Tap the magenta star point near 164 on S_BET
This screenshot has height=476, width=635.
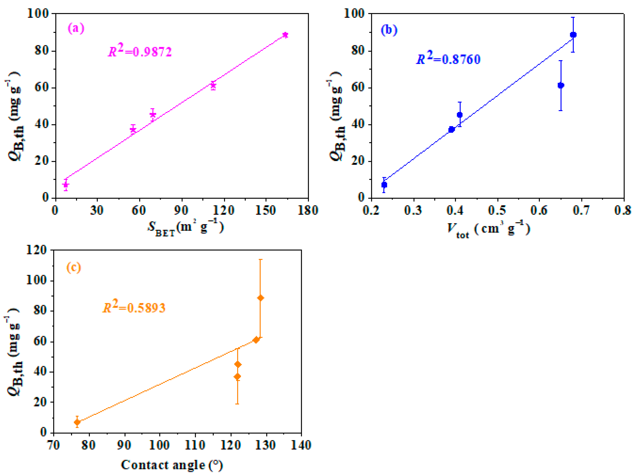(x=285, y=35)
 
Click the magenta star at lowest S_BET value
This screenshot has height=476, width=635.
(x=66, y=185)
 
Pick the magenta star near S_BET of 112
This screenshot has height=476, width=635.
(x=213, y=85)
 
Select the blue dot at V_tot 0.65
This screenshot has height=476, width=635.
(x=561, y=85)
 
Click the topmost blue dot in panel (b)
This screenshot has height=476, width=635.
(x=573, y=35)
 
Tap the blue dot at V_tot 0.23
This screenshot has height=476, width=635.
(x=384, y=185)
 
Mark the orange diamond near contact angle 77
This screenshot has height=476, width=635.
(x=77, y=422)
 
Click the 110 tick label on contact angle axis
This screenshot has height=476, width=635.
(x=195, y=445)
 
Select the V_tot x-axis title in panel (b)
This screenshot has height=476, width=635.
(x=488, y=229)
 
